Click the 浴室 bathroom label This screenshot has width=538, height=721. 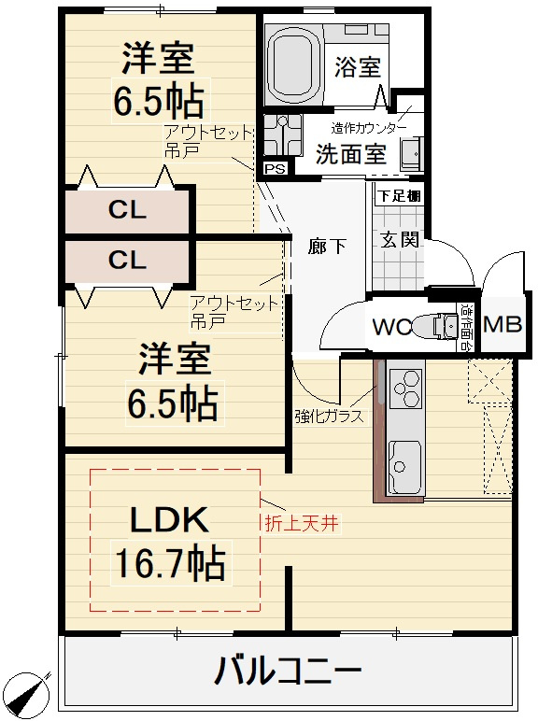(358, 68)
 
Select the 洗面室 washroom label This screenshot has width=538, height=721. (350, 153)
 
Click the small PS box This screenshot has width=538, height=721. (274, 168)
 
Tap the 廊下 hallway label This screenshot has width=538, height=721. (328, 247)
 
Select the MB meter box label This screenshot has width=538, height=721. (503, 325)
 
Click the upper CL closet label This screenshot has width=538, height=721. (127, 210)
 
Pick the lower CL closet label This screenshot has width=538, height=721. (127, 261)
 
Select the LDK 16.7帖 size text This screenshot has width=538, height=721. (169, 562)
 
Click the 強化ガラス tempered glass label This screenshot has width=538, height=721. (328, 417)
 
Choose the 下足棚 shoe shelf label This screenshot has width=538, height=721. (399, 196)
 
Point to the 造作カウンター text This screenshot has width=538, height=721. (369, 128)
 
